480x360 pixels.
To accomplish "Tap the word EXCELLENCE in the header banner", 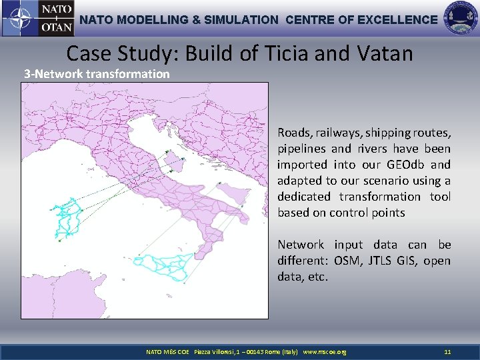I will (x=397, y=20).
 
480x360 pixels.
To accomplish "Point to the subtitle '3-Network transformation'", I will (x=97, y=74).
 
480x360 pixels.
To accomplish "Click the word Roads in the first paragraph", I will (x=294, y=133).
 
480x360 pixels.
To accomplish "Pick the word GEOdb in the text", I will (x=403, y=165).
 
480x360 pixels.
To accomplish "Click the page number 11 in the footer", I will (x=448, y=351).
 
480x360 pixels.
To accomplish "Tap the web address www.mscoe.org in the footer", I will (x=325, y=351).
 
